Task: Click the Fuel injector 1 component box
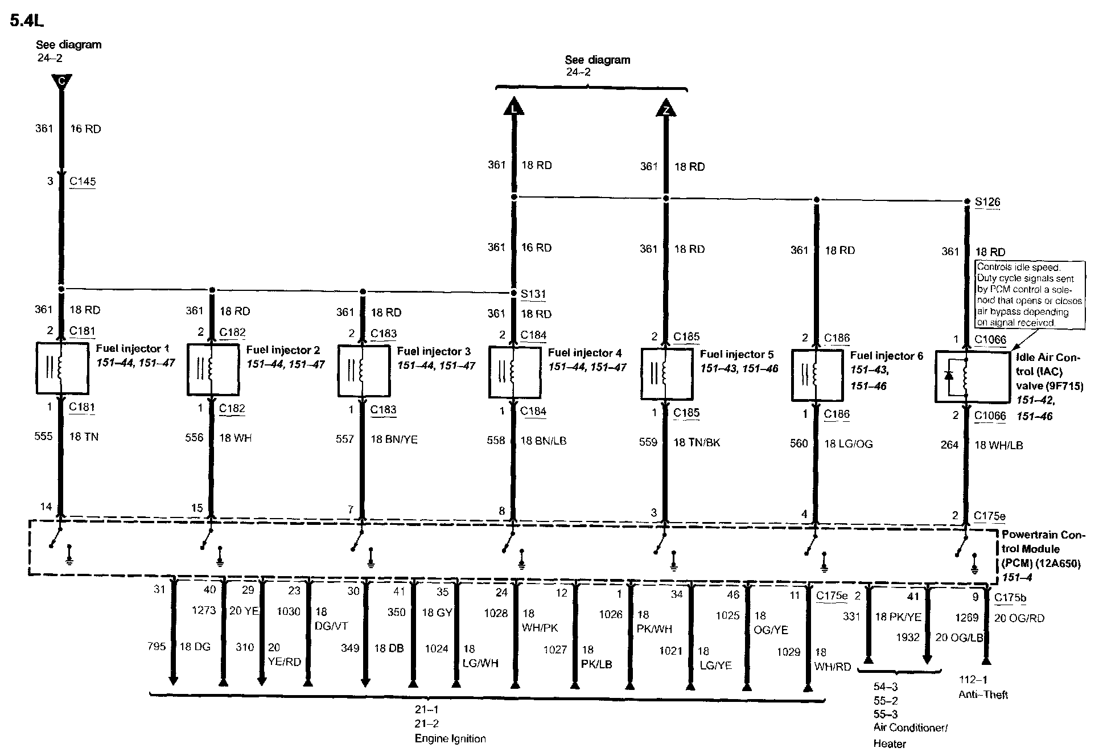click(62, 368)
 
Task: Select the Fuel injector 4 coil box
click(515, 372)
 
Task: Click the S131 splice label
click(533, 294)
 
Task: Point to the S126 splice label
click(987, 202)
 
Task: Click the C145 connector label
click(83, 181)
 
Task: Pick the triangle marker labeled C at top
click(61, 81)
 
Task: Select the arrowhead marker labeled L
click(514, 106)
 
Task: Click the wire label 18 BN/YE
click(394, 439)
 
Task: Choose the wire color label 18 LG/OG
click(848, 443)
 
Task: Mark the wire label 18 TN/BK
click(697, 442)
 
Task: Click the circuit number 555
click(43, 436)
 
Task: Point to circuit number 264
click(949, 445)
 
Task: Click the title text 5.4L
click(27, 20)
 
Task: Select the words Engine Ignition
click(450, 738)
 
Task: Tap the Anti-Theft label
click(983, 695)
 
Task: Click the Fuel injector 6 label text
click(886, 356)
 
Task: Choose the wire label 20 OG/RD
click(1019, 618)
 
